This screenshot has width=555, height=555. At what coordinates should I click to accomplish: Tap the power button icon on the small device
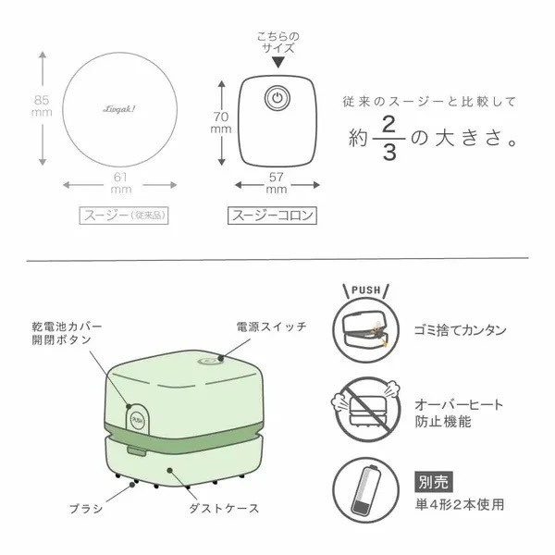tap(275, 97)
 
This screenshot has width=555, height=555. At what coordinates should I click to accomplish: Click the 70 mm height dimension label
tap(219, 123)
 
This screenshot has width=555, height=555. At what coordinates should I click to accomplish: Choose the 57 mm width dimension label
tap(275, 183)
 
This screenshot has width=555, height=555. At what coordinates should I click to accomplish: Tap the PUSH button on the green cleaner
tap(136, 418)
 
